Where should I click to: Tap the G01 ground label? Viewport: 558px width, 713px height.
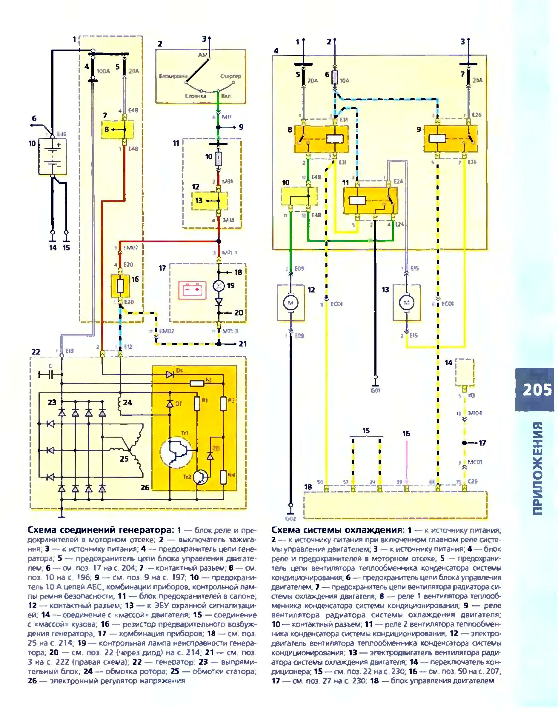pyautogui.click(x=375, y=390)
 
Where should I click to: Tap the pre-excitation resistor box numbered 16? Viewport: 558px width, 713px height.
pyautogui.click(x=120, y=286)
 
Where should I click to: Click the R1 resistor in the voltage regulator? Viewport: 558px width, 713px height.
pyautogui.click(x=197, y=404)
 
